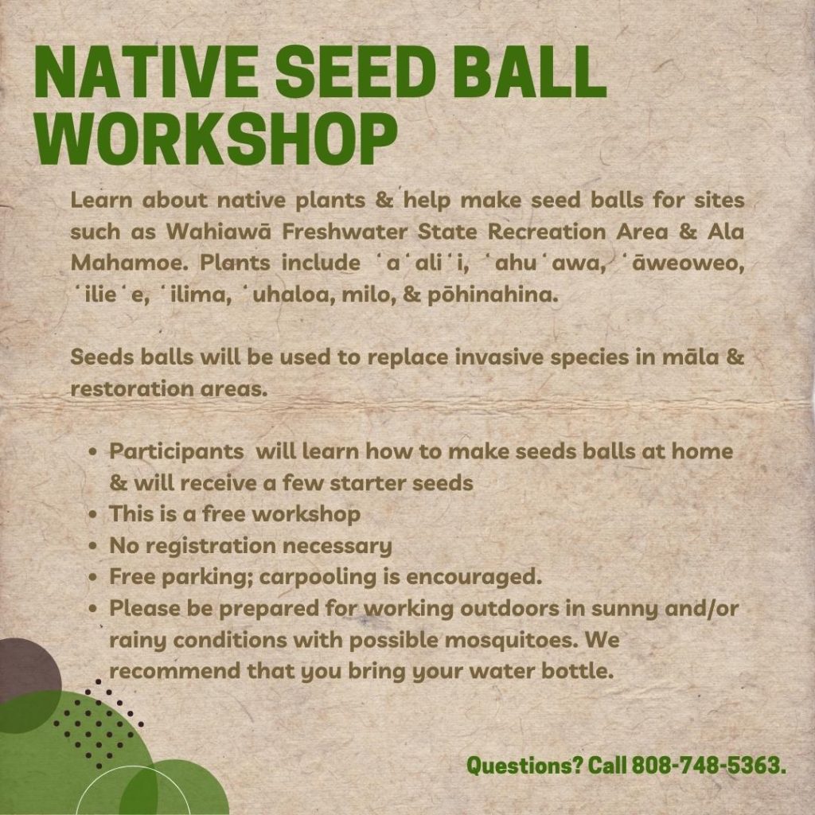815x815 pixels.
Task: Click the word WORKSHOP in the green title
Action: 216,140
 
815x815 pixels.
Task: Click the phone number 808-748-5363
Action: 708,765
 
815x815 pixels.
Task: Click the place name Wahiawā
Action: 219,232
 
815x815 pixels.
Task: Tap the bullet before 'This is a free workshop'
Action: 94,515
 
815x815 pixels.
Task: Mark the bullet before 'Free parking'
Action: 94,578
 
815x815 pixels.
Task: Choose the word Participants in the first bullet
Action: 177,452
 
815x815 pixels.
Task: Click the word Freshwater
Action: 345,232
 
